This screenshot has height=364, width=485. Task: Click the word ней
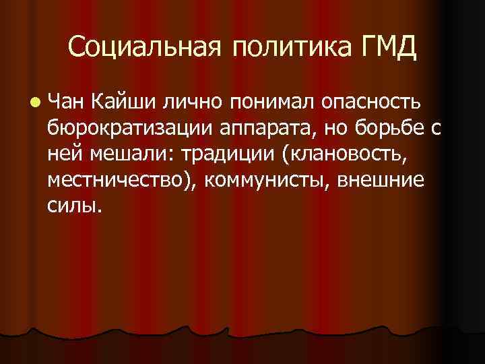[66, 154]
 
